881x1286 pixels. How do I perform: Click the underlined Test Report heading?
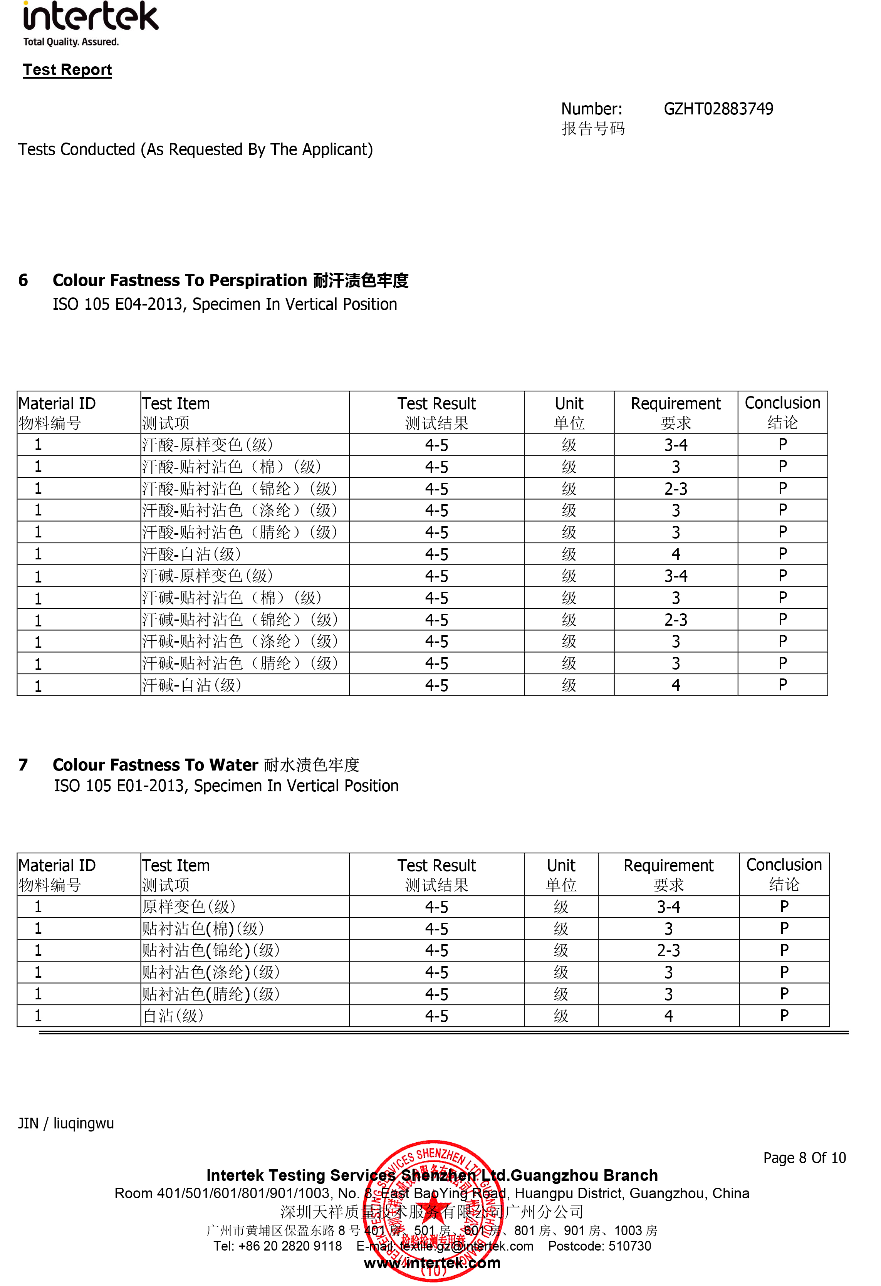point(67,70)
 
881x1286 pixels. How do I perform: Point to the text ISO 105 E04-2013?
point(118,304)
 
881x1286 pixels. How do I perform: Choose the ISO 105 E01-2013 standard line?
point(226,786)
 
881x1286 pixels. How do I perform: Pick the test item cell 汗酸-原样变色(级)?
point(208,445)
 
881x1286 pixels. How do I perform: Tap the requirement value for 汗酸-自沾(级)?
point(675,554)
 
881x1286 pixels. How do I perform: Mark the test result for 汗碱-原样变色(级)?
point(436,576)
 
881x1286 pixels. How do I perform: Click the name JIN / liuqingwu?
point(66,1123)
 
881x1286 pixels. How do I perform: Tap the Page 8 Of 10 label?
point(804,1158)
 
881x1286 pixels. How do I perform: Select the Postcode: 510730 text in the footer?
point(599,1246)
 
